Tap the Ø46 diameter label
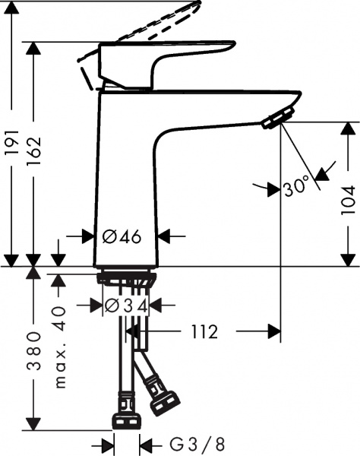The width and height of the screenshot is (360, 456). (122, 237)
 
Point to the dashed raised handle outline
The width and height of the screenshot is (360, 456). (152, 23)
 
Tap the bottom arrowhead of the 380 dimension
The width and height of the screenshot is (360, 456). (35, 425)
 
